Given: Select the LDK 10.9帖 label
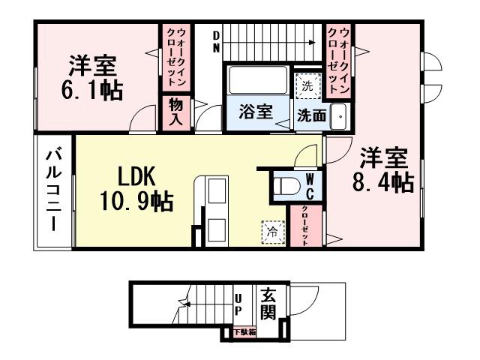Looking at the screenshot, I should (135, 188).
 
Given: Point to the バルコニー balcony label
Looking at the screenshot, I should (53, 190).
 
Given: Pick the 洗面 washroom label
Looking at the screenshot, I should (311, 116).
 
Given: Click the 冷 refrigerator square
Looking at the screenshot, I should (272, 232).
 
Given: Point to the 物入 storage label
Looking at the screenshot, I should (175, 112).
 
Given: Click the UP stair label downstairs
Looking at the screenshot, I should (238, 303).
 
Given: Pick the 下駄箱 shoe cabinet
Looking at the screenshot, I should (244, 331).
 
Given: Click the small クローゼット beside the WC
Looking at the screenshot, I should (306, 225).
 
